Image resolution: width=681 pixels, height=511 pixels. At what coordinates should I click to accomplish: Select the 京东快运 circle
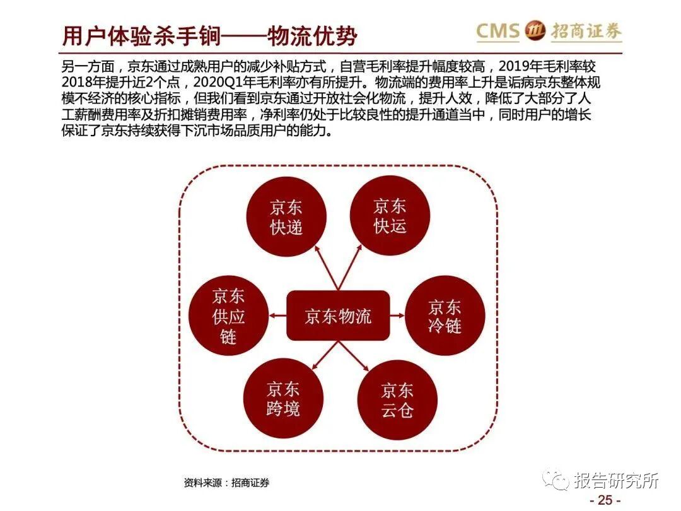[x=390, y=216]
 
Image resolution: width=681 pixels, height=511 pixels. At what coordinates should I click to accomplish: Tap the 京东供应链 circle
[x=228, y=316]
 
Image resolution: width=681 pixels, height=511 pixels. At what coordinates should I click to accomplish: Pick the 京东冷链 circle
[x=445, y=316]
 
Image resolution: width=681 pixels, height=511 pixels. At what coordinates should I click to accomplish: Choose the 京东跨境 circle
[x=283, y=399]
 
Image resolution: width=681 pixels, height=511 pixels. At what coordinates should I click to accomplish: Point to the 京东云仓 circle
[x=397, y=400]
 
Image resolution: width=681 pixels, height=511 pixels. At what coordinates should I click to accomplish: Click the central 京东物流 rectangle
[x=338, y=315]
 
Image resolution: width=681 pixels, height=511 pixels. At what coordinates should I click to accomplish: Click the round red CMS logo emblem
[x=536, y=30]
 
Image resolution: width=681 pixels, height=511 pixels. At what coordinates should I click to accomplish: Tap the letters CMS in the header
[x=498, y=30]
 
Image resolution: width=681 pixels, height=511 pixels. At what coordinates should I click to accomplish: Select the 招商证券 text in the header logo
[x=586, y=31]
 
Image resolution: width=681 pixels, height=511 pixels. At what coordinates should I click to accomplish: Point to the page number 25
[x=605, y=500]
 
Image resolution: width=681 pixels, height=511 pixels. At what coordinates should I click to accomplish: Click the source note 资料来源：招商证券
[x=226, y=483]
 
